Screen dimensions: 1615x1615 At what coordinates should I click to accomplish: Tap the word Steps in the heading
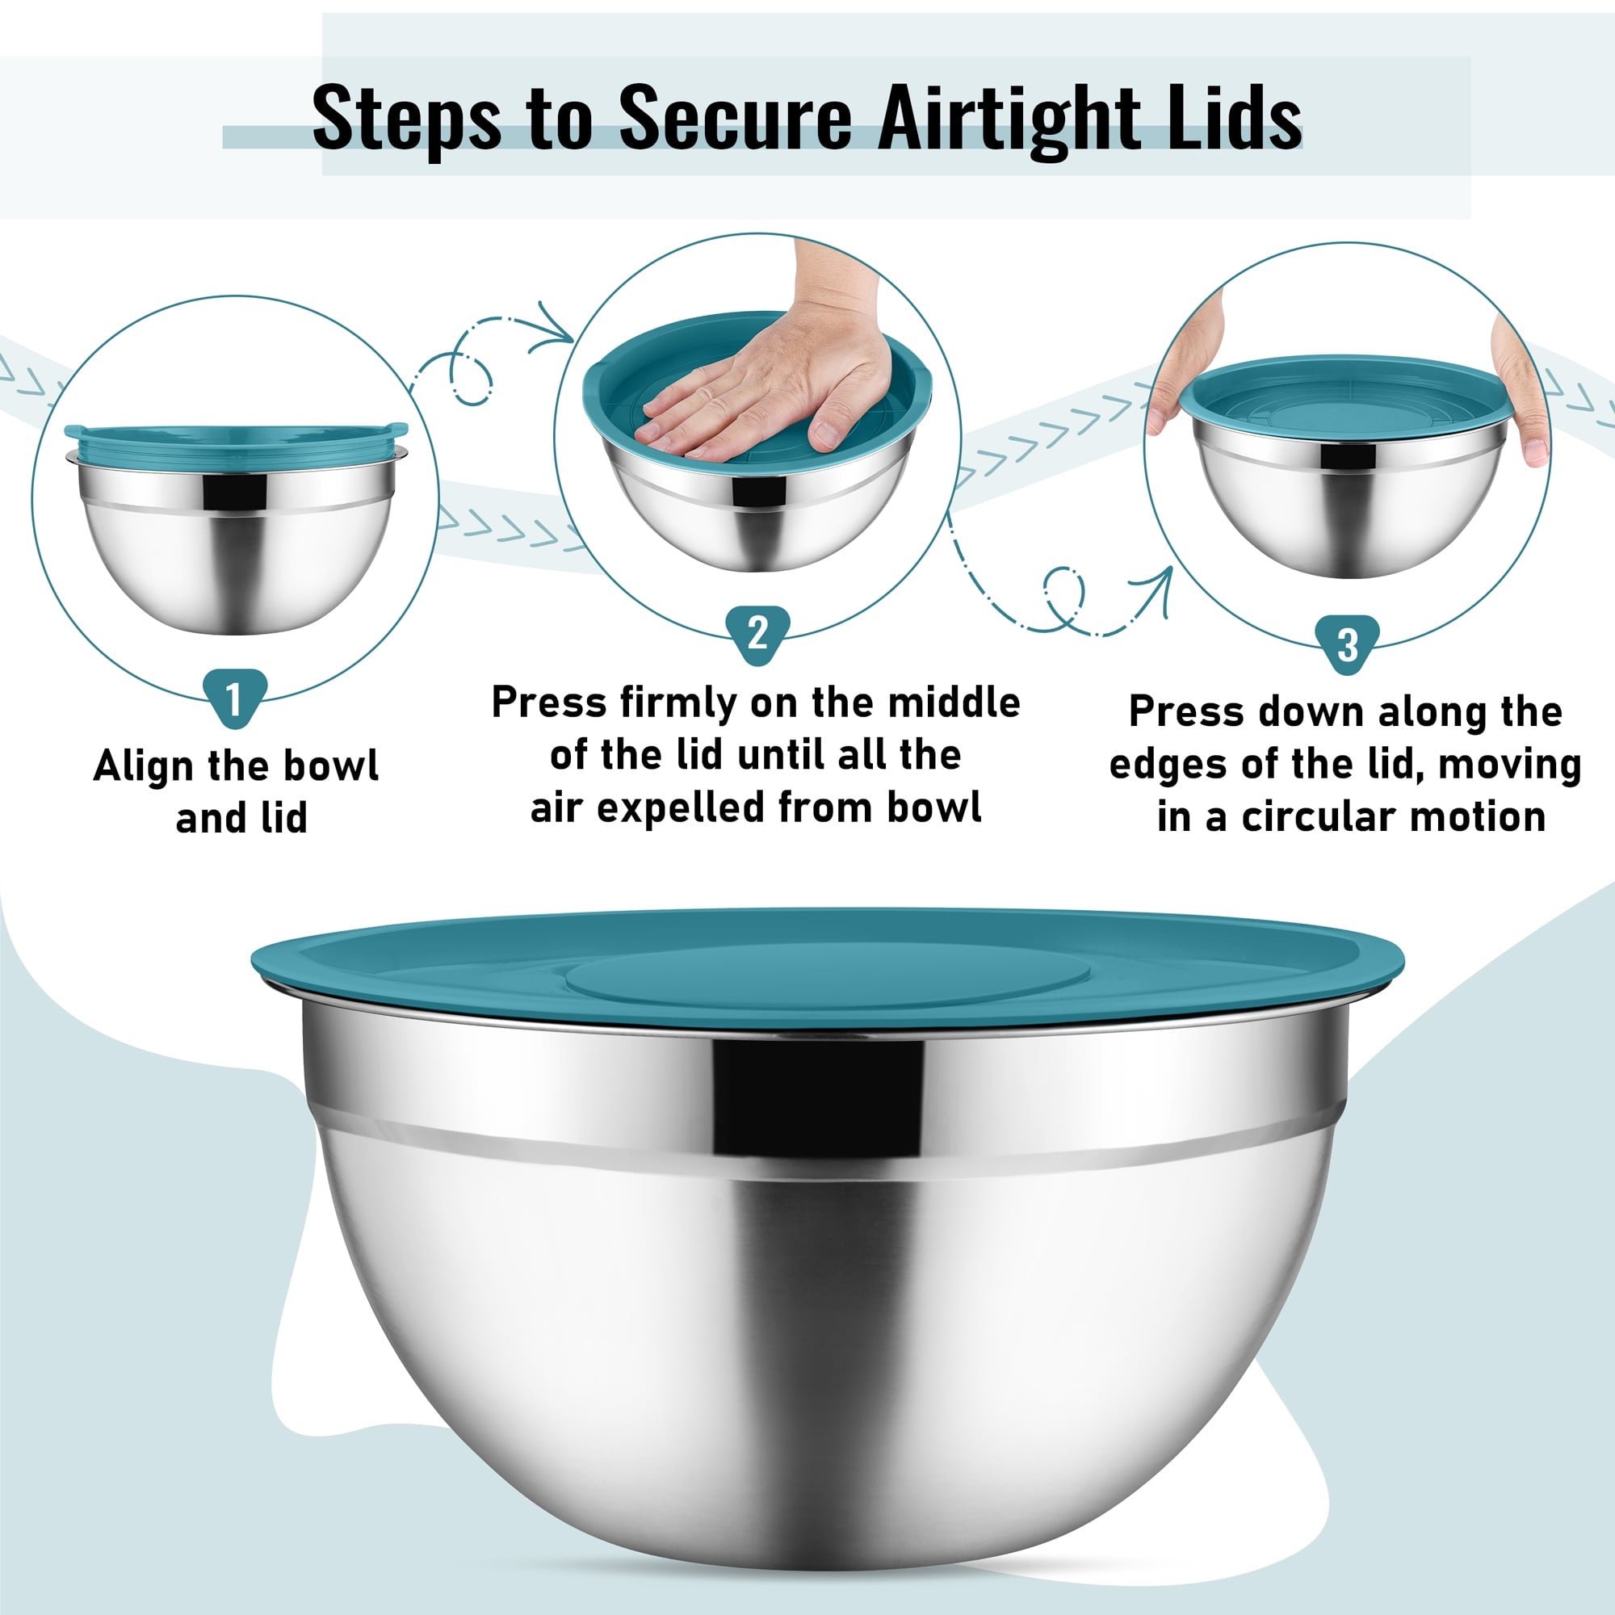tap(407, 119)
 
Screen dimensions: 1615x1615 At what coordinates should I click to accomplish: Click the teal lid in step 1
tap(236, 443)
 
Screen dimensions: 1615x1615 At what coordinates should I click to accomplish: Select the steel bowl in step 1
tap(237, 543)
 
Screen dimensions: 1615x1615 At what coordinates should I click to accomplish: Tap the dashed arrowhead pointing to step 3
tap(1154, 590)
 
